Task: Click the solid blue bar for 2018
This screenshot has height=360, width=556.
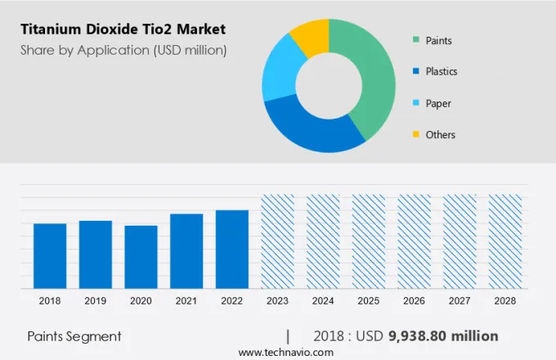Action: [x=50, y=256]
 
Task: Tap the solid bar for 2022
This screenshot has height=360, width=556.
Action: [x=232, y=250]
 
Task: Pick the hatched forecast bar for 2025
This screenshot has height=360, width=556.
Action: [x=368, y=241]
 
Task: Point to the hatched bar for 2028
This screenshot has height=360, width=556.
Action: [x=504, y=241]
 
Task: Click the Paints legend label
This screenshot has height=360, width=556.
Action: [x=438, y=40]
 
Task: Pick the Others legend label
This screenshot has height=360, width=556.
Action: [x=440, y=134]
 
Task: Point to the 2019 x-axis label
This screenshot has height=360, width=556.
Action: [x=96, y=301]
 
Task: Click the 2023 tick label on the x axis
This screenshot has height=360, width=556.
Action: [x=277, y=301]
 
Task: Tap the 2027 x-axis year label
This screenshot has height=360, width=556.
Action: [x=459, y=301]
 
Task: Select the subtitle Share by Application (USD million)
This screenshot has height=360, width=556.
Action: [x=123, y=50]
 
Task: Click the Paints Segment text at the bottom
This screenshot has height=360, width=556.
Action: [x=74, y=336]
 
